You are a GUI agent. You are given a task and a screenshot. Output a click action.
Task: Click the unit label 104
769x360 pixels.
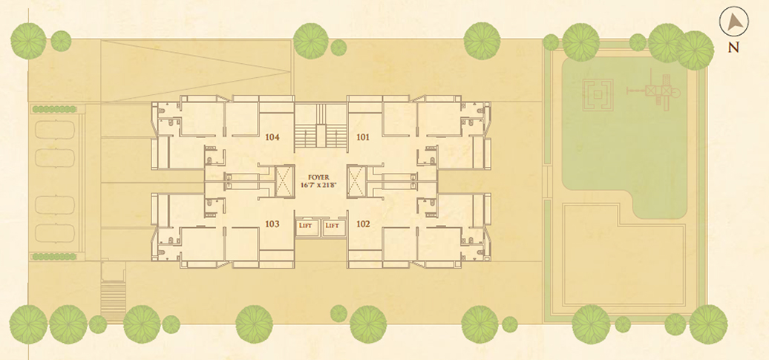(x=272, y=137)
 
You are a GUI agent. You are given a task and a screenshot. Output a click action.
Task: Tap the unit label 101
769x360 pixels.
(x=363, y=137)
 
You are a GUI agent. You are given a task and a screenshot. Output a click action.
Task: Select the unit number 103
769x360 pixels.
(x=272, y=224)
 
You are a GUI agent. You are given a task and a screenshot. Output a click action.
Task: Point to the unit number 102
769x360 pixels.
(x=363, y=224)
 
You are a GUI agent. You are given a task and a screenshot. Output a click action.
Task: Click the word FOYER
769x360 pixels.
(x=318, y=177)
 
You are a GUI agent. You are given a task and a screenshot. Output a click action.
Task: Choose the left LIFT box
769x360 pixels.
(x=307, y=226)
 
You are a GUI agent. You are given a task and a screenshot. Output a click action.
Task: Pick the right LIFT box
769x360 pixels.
(x=333, y=226)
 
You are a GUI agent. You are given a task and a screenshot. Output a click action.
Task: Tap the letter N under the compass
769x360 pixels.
(x=733, y=48)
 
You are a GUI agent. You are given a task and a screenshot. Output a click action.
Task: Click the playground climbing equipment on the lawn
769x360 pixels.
(x=655, y=92)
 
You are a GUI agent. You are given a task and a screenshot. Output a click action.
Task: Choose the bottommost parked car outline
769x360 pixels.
(x=55, y=234)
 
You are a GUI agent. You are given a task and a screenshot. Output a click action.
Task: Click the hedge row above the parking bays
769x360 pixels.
(x=54, y=109)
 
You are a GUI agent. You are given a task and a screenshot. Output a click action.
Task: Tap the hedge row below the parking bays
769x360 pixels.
(x=54, y=256)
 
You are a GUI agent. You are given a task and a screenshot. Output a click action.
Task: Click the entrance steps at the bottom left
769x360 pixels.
(x=113, y=300)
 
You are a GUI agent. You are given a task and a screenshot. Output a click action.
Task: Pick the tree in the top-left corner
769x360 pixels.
(x=28, y=42)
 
